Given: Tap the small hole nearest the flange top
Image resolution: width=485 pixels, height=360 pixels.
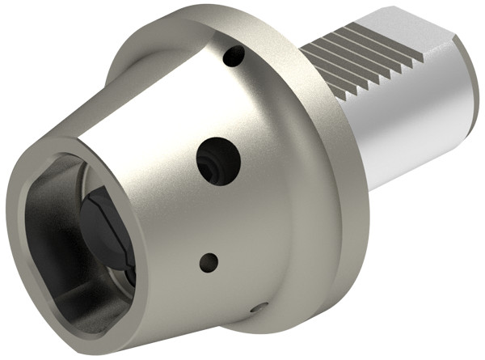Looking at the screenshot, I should click(x=234, y=57).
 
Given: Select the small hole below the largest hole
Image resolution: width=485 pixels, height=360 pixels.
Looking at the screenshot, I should click(x=209, y=261).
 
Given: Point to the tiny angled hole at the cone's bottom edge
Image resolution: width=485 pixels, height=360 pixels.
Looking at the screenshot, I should click(x=258, y=307).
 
